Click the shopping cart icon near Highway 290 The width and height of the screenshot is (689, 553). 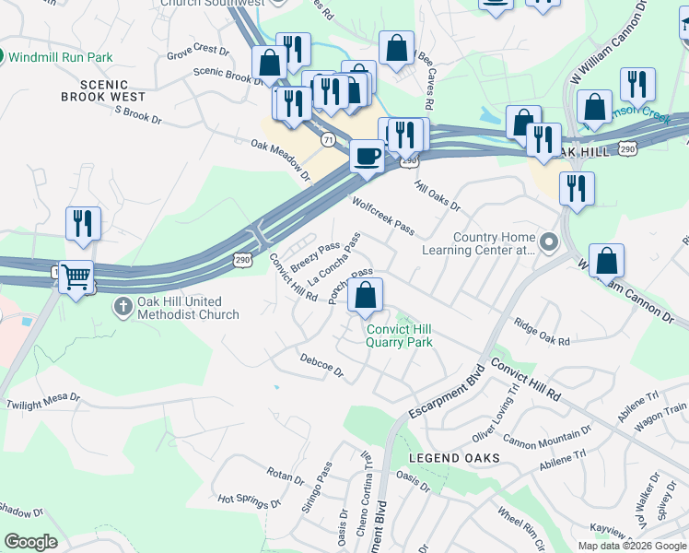pyautogui.click(x=76, y=276)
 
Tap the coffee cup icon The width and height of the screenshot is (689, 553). pyautogui.click(x=367, y=156)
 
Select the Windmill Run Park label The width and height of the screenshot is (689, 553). pyautogui.click(x=60, y=57)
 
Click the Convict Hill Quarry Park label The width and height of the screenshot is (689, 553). pyautogui.click(x=400, y=335)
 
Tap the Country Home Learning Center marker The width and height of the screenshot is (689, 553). pyautogui.click(x=549, y=243)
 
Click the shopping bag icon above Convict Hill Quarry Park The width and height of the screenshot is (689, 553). pyautogui.click(x=365, y=296)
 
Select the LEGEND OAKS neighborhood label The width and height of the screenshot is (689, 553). pyautogui.click(x=457, y=458)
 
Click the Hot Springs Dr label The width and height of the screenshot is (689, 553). pyautogui.click(x=249, y=501)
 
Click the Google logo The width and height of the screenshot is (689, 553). pyautogui.click(x=30, y=542)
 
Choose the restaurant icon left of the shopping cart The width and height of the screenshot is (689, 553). pyautogui.click(x=83, y=223)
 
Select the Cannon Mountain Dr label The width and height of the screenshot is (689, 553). pyautogui.click(x=545, y=438)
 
